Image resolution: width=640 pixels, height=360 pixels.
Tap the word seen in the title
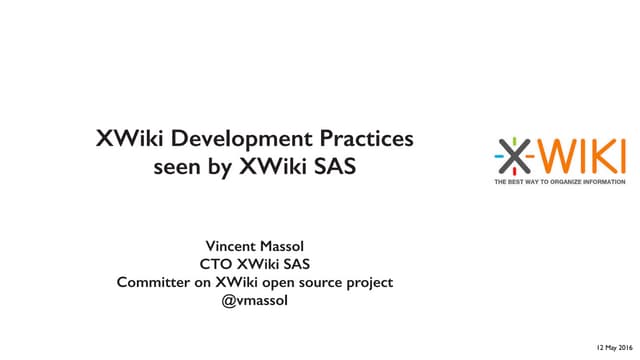(178, 167)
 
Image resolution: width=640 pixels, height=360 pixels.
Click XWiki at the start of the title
(126, 139)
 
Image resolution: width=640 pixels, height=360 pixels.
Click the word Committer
(154, 282)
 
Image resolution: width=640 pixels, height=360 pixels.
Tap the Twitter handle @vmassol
(255, 300)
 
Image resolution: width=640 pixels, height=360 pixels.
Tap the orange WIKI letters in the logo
(584, 157)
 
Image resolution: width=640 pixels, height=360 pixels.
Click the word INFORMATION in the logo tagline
(607, 182)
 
